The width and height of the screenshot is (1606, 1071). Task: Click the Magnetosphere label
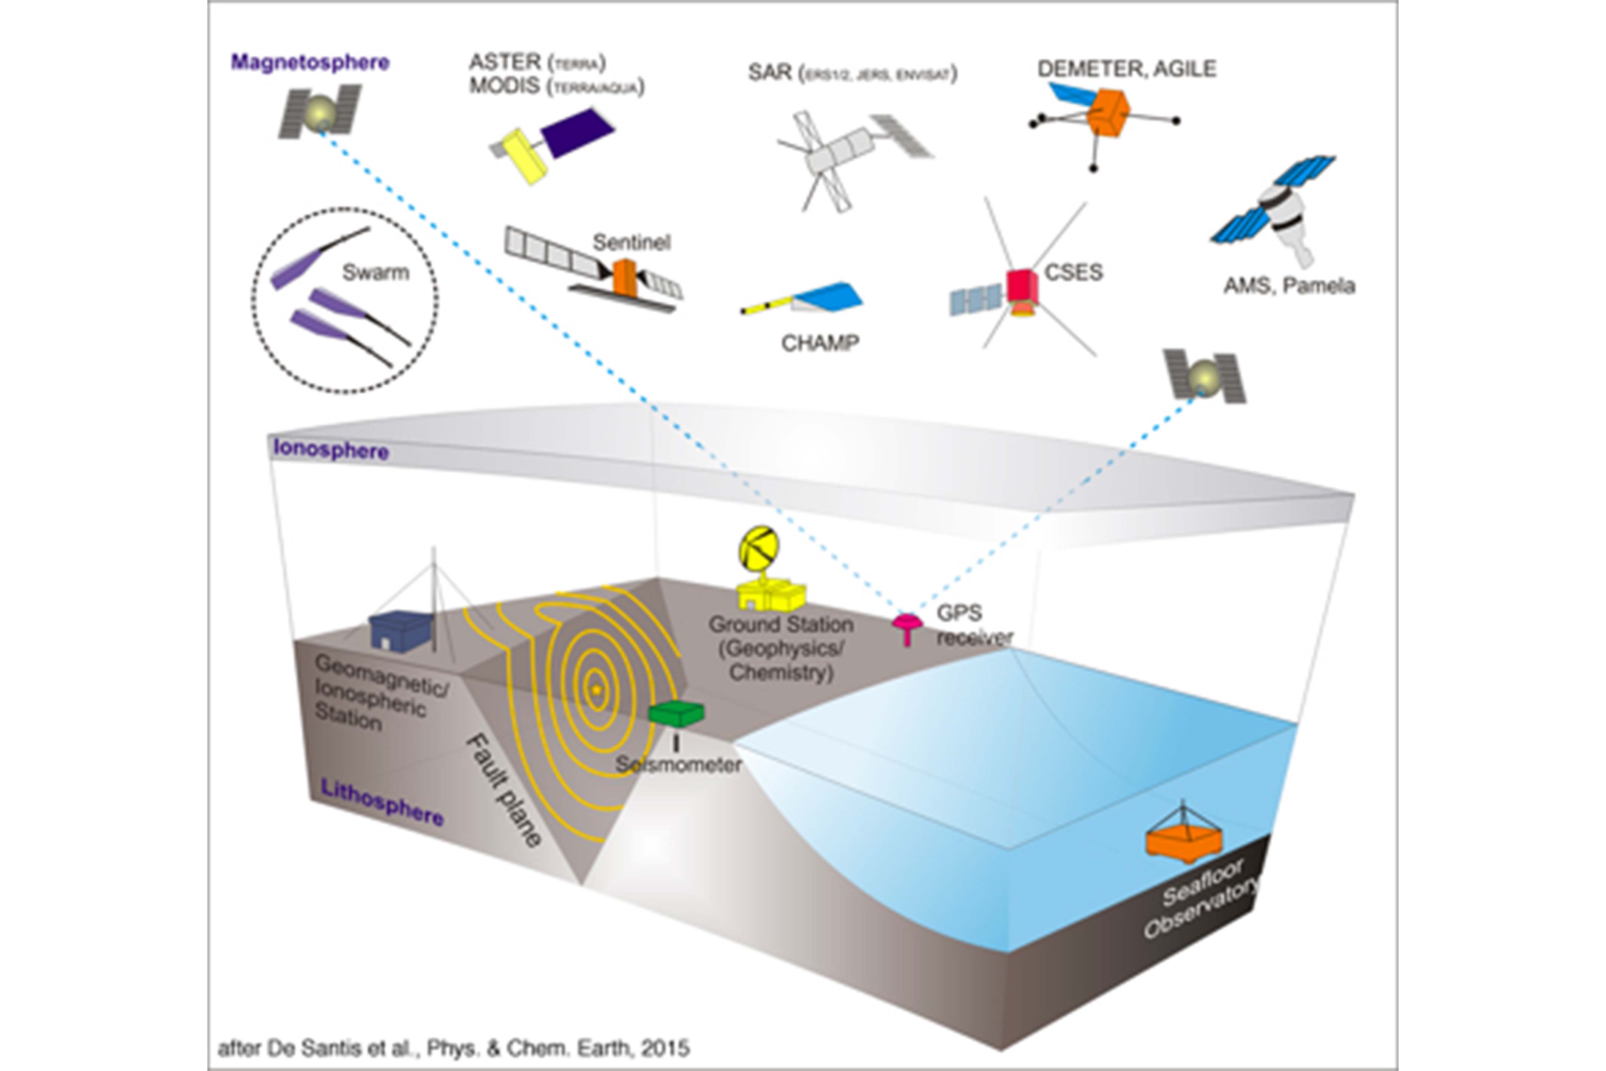click(x=310, y=62)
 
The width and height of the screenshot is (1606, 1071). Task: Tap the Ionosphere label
click(x=331, y=450)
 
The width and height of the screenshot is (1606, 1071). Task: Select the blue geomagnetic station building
click(x=400, y=631)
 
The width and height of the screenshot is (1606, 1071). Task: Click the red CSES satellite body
click(x=1022, y=286)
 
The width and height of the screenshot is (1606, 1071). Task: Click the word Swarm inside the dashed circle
click(x=375, y=272)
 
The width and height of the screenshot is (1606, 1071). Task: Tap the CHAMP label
click(x=820, y=342)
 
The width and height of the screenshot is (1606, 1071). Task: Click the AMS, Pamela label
click(x=1288, y=286)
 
